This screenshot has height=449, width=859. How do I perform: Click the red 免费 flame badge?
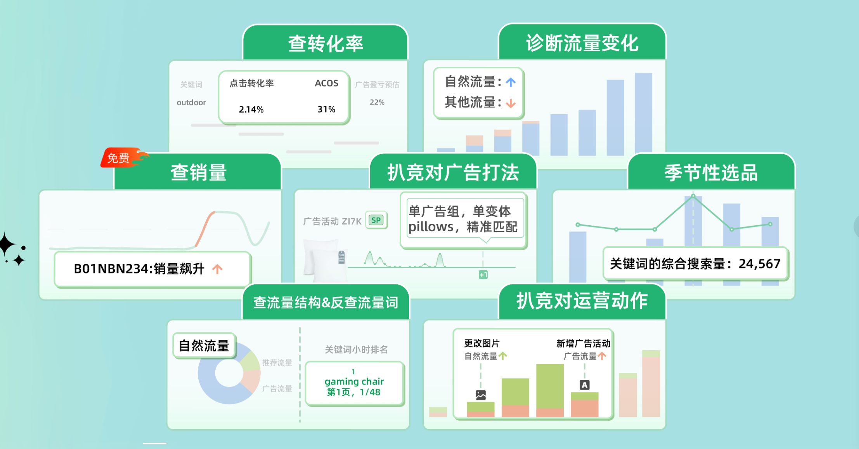pos(123,158)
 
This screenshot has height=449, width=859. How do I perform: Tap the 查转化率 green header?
pos(326,43)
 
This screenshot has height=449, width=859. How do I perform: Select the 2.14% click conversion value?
pos(251,110)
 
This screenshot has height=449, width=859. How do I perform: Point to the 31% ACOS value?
pos(326,110)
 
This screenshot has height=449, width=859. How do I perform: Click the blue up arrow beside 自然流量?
pos(511,82)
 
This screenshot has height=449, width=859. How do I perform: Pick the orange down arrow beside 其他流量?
pos(511,103)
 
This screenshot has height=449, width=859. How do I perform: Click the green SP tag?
pos(376,220)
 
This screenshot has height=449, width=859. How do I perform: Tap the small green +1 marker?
pos(483,275)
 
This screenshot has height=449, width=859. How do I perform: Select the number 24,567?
pos(759,264)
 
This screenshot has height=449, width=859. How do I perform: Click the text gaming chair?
pos(354,381)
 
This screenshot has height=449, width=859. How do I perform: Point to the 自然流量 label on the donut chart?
pos(204,345)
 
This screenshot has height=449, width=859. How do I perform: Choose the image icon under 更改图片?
pos(481,395)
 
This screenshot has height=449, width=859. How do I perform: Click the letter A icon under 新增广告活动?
pos(585,385)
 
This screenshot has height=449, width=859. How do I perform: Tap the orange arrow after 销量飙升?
pos(217,269)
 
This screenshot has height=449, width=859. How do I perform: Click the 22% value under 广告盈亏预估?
pos(377,102)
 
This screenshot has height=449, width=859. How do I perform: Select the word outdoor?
pos(191,103)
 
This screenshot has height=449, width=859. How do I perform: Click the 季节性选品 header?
pos(711,172)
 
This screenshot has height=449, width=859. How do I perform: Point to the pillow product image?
pos(325,259)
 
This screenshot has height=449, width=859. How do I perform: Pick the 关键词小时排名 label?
pos(356,350)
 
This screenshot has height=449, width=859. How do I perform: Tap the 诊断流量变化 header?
pos(582,43)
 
